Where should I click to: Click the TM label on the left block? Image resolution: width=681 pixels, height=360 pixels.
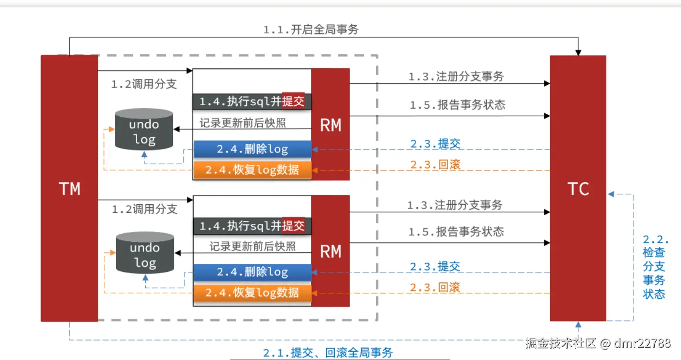[70, 189]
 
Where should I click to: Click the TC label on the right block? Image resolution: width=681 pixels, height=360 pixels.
[578, 189]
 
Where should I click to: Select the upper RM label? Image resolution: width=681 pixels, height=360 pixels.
[330, 125]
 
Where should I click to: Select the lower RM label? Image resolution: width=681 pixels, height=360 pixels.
[330, 251]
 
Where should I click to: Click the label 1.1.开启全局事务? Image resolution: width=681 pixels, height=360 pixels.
[310, 30]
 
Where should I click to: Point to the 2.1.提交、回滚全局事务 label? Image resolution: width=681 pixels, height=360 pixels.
[328, 353]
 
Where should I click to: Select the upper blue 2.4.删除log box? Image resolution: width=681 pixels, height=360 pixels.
[252, 149]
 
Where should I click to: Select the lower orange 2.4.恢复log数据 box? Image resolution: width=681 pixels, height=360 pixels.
[252, 292]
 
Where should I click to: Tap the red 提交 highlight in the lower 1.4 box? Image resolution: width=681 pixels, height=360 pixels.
[293, 226]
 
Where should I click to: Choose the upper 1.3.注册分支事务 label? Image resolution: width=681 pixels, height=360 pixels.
[456, 76]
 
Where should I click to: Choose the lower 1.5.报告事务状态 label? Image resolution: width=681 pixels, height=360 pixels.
[456, 232]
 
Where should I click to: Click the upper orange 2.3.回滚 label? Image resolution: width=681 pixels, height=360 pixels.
[435, 165]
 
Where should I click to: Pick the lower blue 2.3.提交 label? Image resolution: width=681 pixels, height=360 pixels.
[435, 266]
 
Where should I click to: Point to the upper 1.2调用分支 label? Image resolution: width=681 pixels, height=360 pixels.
[144, 84]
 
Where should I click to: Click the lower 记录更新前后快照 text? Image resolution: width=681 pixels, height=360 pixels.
[252, 246]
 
